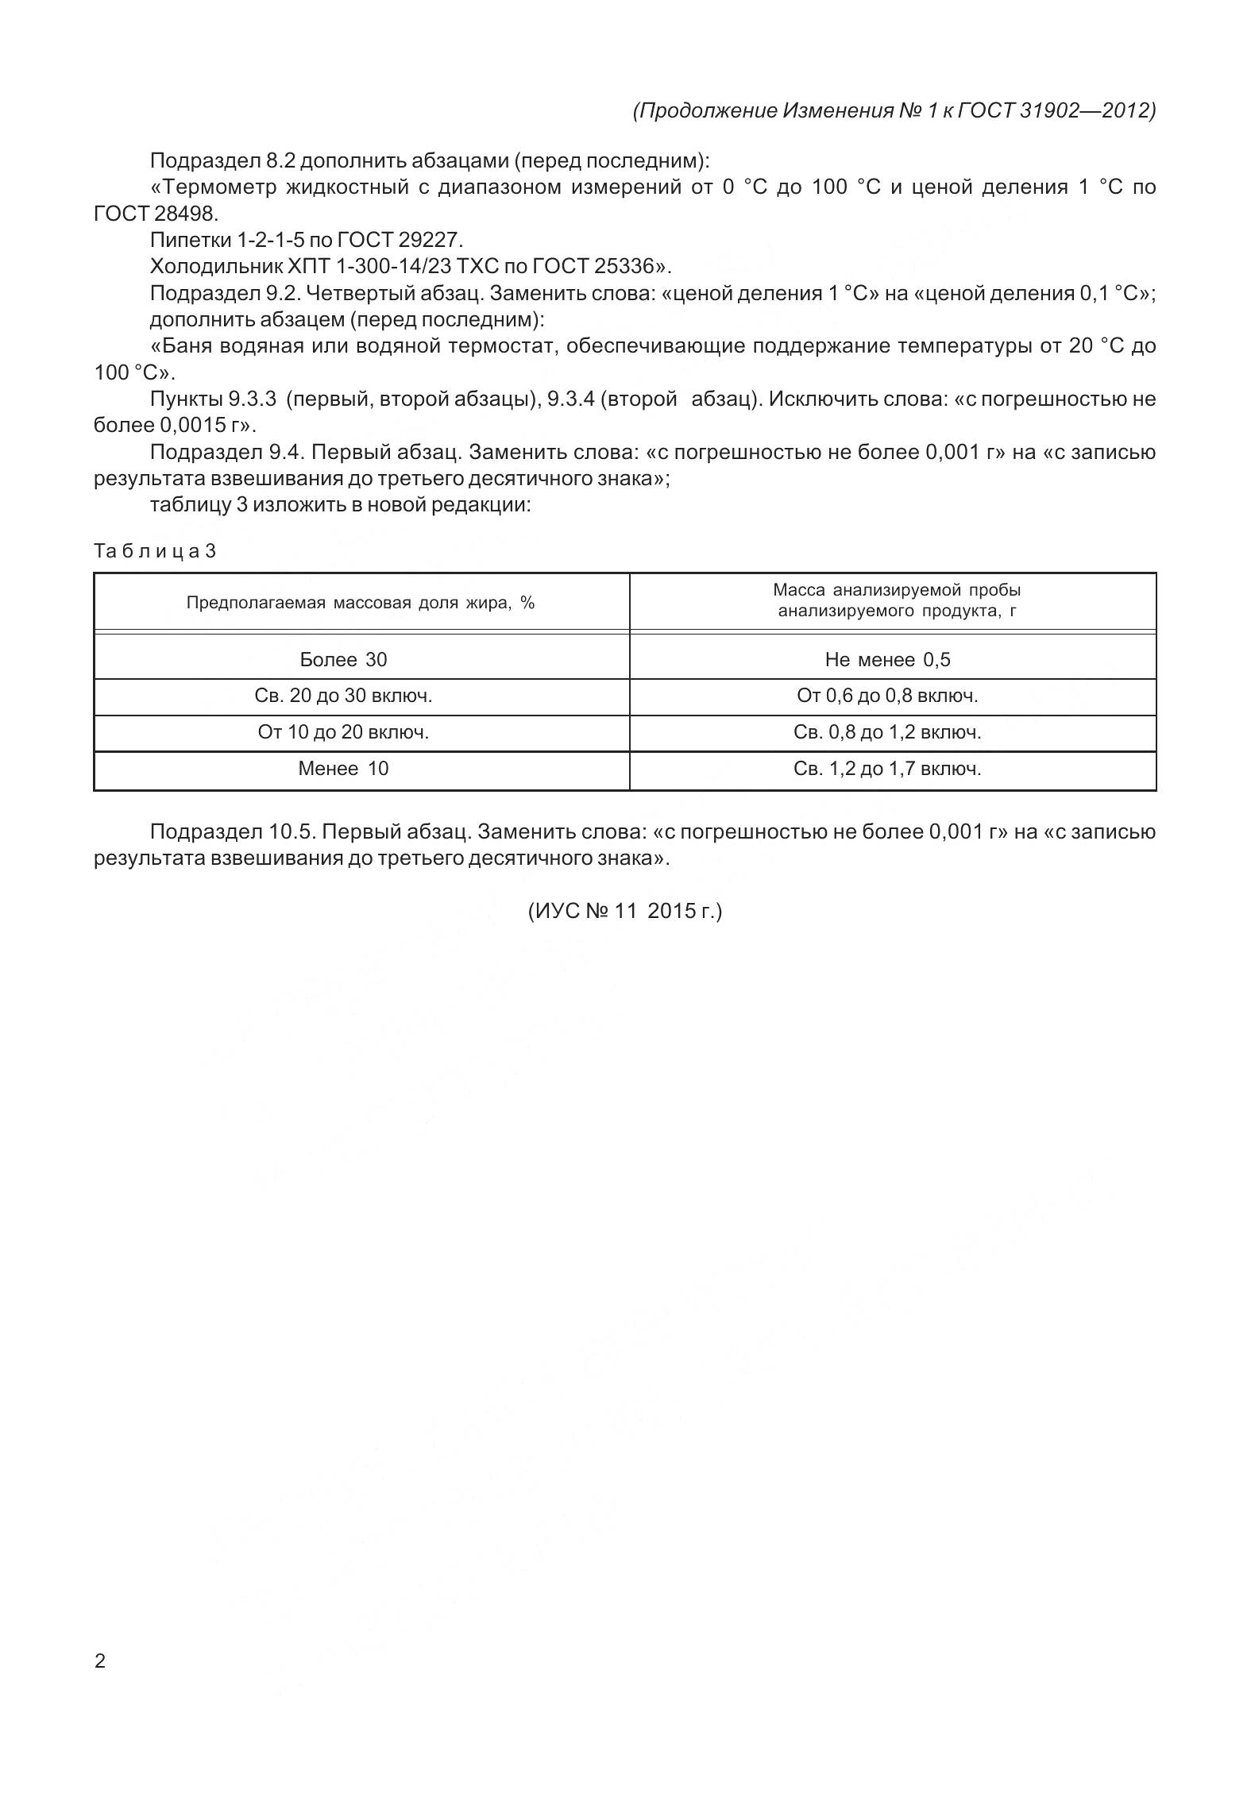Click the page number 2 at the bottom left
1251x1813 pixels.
(99, 1661)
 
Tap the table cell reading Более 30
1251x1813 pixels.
(343, 659)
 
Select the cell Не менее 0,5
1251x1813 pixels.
(887, 659)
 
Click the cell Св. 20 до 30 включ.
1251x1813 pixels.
(343, 696)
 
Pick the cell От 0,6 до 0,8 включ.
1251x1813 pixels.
(887, 696)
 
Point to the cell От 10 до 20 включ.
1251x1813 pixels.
(343, 732)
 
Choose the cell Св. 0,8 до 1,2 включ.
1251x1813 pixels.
(887, 732)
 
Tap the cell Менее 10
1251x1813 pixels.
(343, 769)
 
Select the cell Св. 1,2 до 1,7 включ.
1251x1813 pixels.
(887, 769)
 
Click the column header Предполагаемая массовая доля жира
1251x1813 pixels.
(361, 603)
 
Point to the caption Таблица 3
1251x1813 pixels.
(155, 551)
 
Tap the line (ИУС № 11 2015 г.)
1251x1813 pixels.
(625, 911)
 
